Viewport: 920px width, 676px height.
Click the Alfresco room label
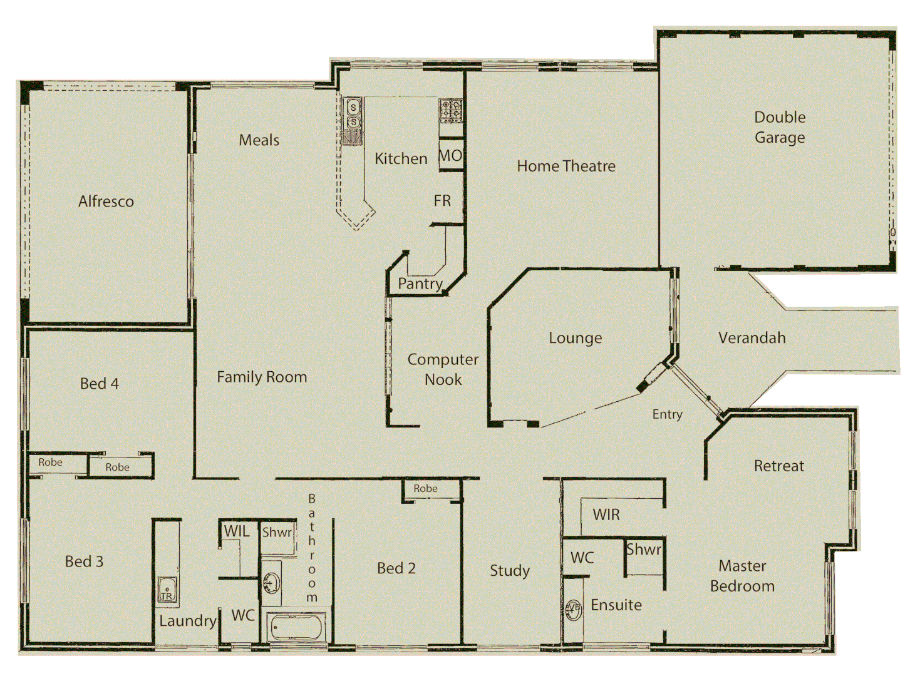coord(106,202)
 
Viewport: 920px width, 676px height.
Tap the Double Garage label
coord(779,127)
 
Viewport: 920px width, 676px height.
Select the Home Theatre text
coord(566,166)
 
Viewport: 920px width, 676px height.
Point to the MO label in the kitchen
coord(450,156)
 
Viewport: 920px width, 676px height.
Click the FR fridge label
coord(442,201)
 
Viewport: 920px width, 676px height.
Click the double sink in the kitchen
coord(353,115)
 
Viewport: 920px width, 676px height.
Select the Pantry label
coord(420,284)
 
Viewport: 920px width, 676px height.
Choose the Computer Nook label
coord(443,369)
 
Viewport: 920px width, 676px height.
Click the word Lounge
coord(575,338)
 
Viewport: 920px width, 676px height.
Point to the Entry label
coord(667,414)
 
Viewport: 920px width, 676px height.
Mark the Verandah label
coord(752,338)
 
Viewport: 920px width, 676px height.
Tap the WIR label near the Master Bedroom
coord(606,515)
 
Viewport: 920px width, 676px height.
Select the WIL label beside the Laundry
coord(237,531)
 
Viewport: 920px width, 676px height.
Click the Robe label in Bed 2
coord(425,488)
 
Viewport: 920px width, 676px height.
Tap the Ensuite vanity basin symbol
coord(573,608)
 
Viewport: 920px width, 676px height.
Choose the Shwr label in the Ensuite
coord(644,550)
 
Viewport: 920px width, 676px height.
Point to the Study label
coord(510,570)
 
